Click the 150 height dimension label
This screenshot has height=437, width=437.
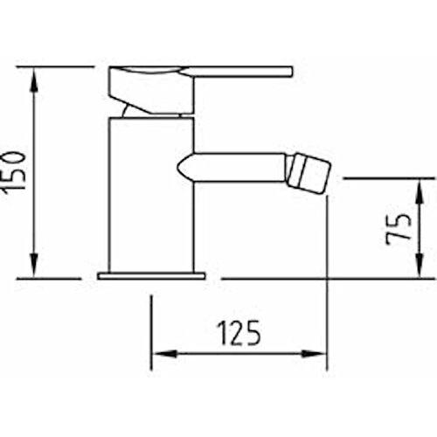coord(13,172)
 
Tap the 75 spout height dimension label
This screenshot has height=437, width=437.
coord(399,229)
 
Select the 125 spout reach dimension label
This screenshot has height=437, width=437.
coord(239,333)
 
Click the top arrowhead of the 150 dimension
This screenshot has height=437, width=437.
coord(35,79)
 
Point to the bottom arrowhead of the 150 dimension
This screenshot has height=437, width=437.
coord(34,266)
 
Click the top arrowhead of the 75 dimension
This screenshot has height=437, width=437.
coord(419,191)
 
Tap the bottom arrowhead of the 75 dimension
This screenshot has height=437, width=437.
coord(419,267)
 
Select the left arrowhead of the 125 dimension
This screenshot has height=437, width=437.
coord(164,354)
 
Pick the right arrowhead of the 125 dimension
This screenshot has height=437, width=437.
coord(314,354)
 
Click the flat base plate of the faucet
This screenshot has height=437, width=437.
coord(151,275)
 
